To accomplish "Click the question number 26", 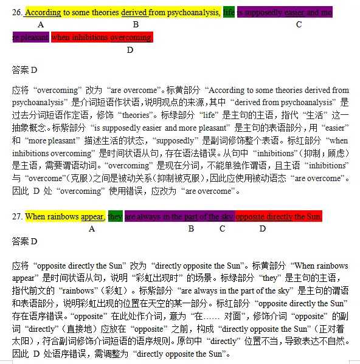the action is tap(17, 12).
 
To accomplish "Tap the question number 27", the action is tap(17, 216).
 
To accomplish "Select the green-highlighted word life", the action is tap(229, 12).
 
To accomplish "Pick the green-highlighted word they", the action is tap(115, 216).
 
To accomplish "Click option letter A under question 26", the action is tap(41, 25).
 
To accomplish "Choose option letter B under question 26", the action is tap(136, 25).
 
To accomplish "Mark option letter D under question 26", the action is tap(130, 50).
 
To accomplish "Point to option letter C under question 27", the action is tap(223, 229).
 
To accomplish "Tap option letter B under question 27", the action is tap(191, 229).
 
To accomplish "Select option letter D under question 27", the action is tap(263, 229).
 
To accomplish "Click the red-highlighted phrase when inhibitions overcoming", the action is tap(102, 37).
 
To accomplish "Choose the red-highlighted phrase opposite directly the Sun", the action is tap(279, 216).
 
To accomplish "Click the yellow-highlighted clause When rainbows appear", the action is tap(65, 216).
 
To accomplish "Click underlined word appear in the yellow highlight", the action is tap(92, 216).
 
